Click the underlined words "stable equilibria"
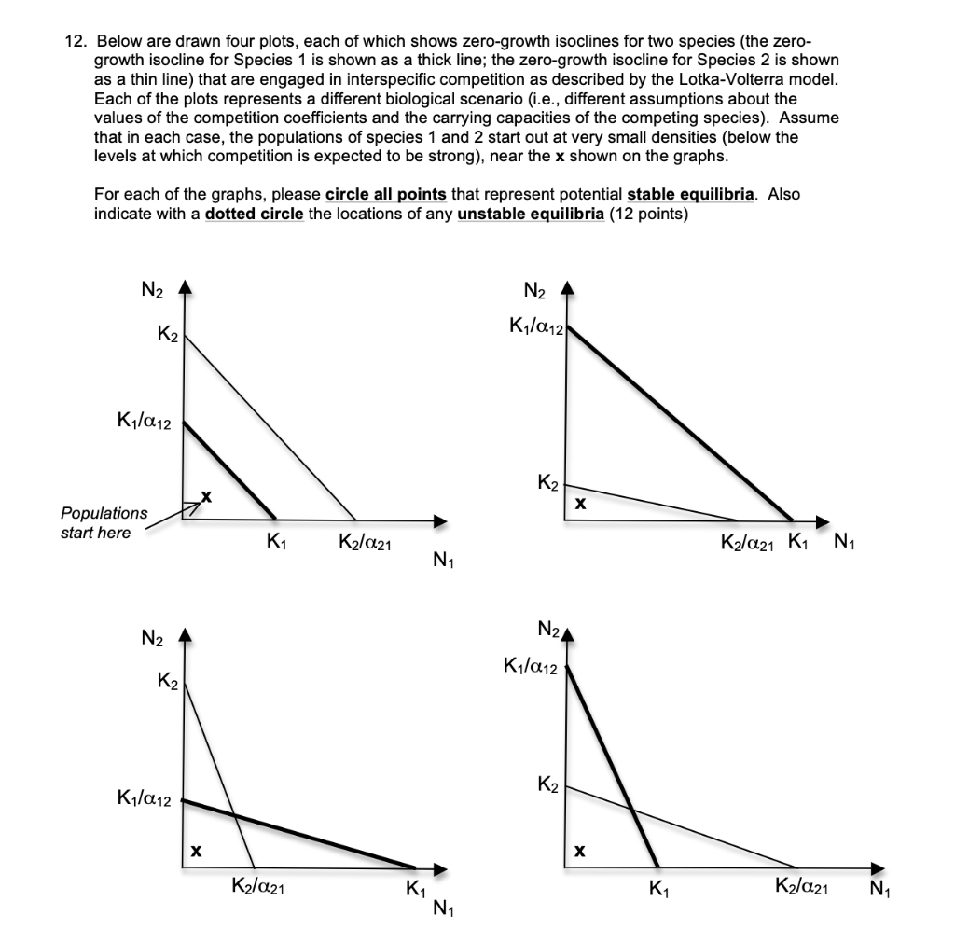coord(693,195)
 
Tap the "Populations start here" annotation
coord(104,522)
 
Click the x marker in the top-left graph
coord(206,499)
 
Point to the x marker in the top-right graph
coord(579,503)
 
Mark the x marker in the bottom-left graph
coord(195,850)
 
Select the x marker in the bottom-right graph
coord(579,850)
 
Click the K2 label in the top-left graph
coord(167,330)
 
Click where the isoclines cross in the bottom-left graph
coord(233,814)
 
